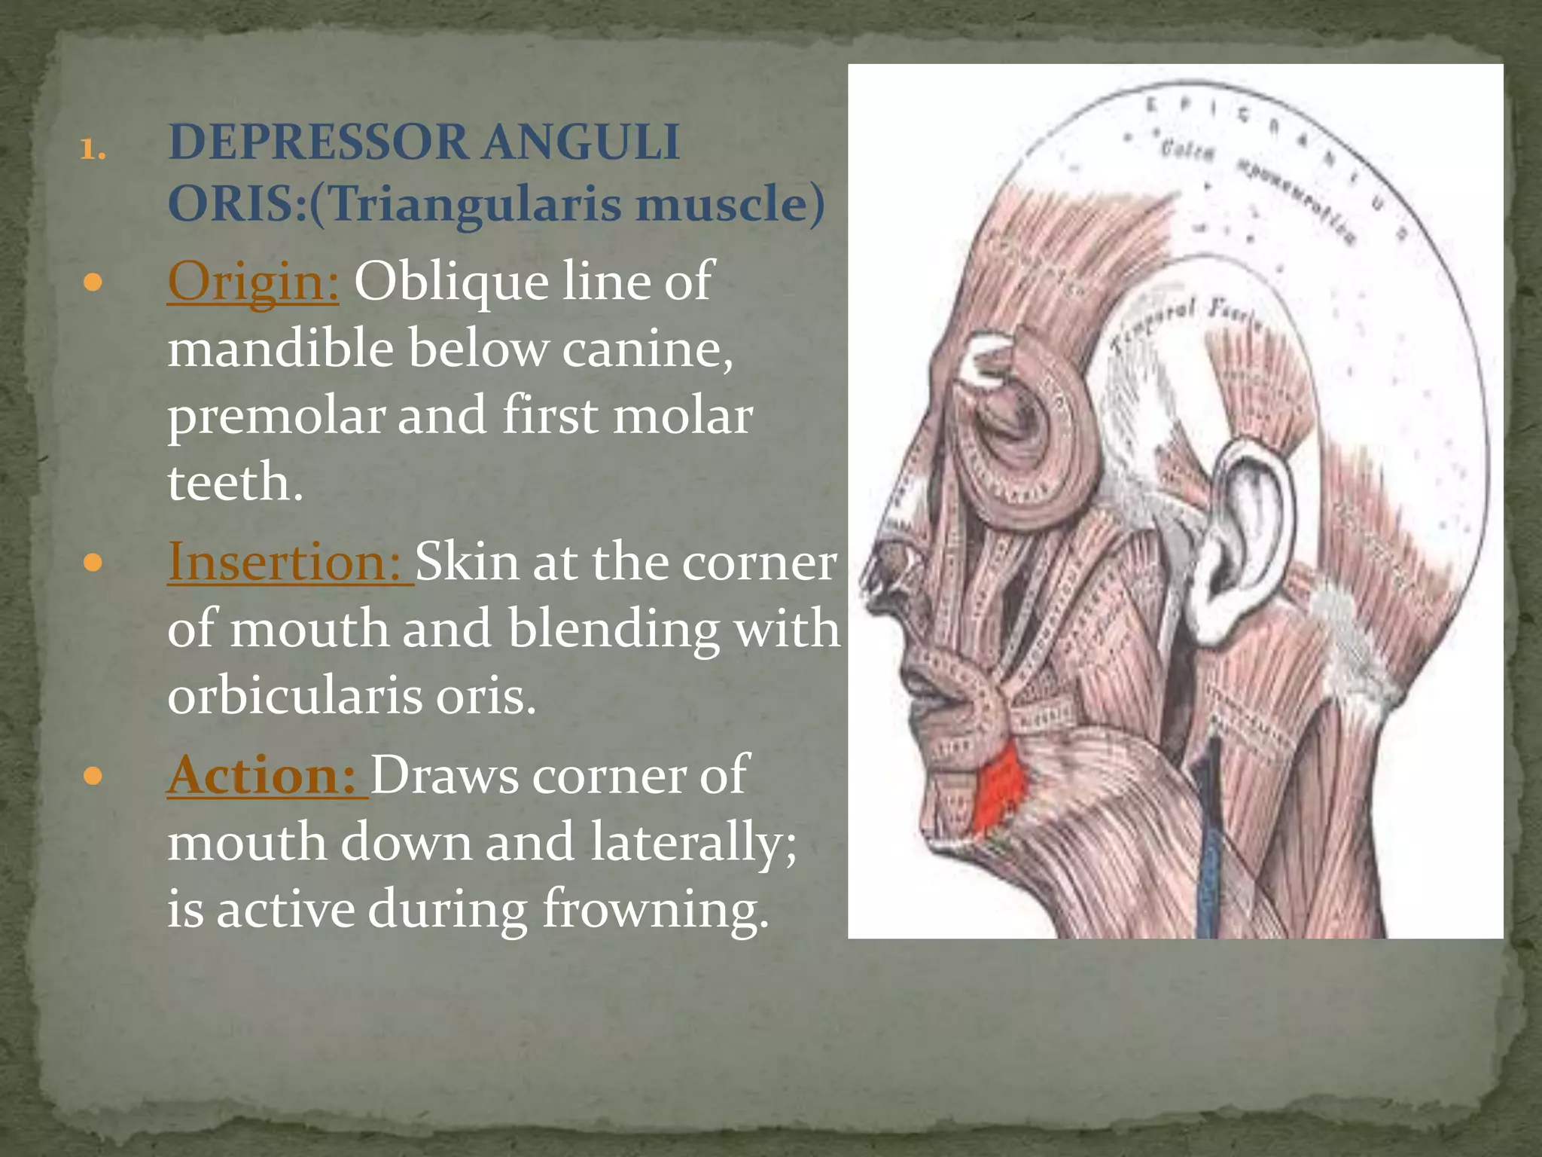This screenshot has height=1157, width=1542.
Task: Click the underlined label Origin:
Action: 253,282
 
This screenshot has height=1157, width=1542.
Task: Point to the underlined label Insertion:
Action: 289,562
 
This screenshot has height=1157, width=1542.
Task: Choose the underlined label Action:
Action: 267,775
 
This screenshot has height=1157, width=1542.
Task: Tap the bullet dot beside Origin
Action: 93,284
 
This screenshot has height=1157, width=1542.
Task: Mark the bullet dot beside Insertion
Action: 93,563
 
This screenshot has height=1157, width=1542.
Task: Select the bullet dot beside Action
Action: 93,777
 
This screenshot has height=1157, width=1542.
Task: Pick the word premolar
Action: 276,416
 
